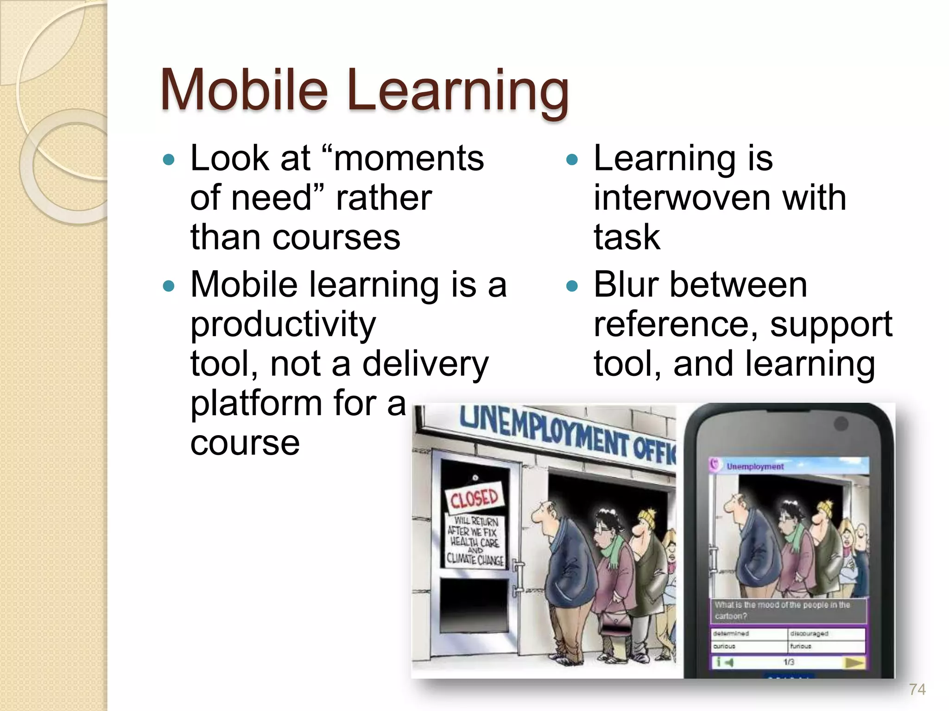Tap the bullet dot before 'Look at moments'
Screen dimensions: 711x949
pyautogui.click(x=169, y=160)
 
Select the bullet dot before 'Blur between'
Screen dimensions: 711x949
pyautogui.click(x=573, y=286)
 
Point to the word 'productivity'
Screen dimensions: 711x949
pyautogui.click(x=283, y=325)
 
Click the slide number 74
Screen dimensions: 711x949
pyautogui.click(x=917, y=690)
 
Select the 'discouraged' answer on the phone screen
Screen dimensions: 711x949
pyautogui.click(x=809, y=633)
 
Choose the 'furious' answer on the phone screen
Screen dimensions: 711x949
pyautogui.click(x=801, y=646)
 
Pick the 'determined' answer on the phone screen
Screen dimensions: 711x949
pyautogui.click(x=731, y=633)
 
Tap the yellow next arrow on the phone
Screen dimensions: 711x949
pyautogui.click(x=854, y=662)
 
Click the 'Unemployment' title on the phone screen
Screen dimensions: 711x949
pyautogui.click(x=755, y=467)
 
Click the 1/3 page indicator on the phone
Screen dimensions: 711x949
pyautogui.click(x=789, y=662)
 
